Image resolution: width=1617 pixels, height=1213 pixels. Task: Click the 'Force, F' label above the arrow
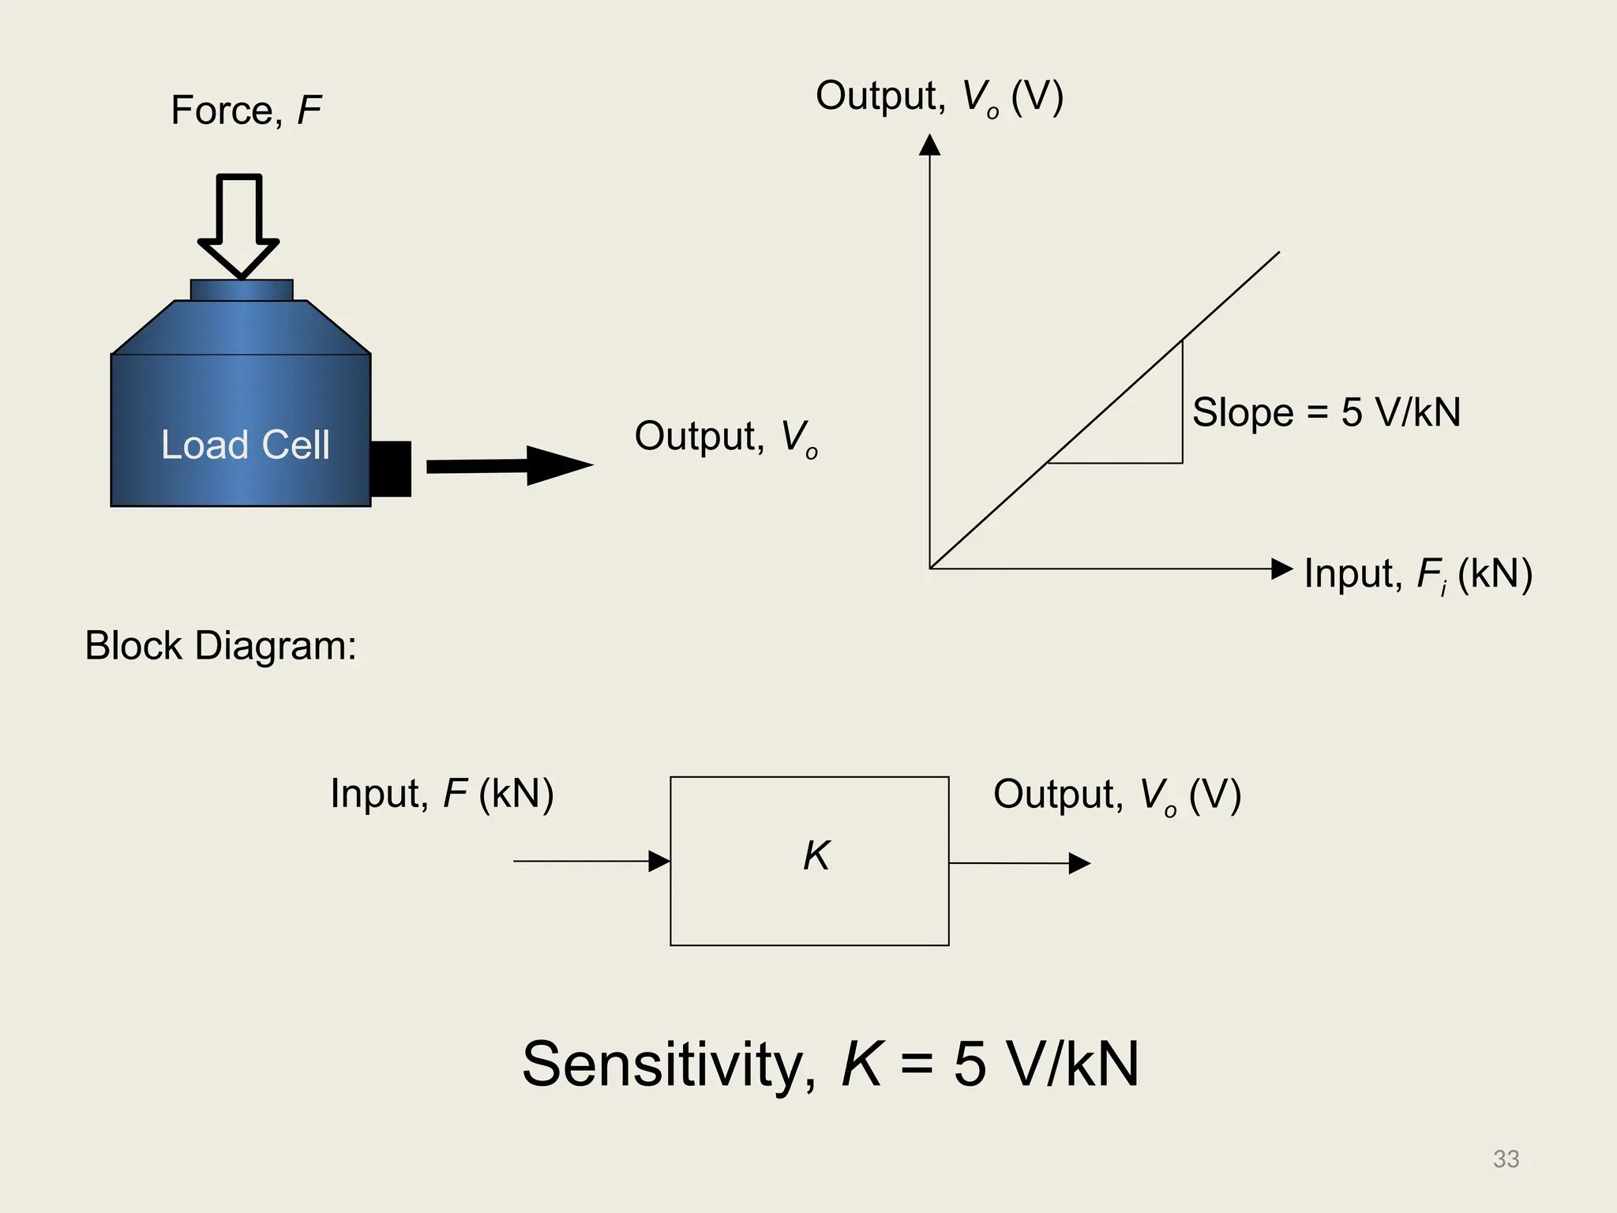pos(246,110)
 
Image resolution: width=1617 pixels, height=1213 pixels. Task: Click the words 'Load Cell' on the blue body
pos(245,445)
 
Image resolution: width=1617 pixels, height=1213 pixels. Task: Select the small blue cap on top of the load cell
pos(242,290)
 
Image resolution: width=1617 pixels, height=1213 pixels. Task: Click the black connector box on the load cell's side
pos(391,468)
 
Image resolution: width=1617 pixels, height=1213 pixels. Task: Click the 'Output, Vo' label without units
pos(726,438)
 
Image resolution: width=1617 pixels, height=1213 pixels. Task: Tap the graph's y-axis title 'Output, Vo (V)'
pos(940,97)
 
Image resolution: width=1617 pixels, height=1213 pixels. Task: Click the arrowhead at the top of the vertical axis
pos(930,145)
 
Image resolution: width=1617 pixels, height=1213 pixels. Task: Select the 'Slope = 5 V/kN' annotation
pos(1326,412)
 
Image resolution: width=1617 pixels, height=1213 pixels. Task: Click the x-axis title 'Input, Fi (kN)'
pos(1417,574)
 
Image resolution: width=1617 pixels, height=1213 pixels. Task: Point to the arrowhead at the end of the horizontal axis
pos(1281,569)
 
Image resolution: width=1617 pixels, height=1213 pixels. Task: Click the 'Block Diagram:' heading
pos(220,646)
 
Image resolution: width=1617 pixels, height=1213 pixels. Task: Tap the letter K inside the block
pos(816,855)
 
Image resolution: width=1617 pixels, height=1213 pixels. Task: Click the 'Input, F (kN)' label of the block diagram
pos(441,794)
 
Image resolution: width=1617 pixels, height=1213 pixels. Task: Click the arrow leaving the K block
pos(1019,863)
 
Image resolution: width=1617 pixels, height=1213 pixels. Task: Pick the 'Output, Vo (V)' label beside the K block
pos(1116,795)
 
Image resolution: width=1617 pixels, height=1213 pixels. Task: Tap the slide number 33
pos(1506,1159)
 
